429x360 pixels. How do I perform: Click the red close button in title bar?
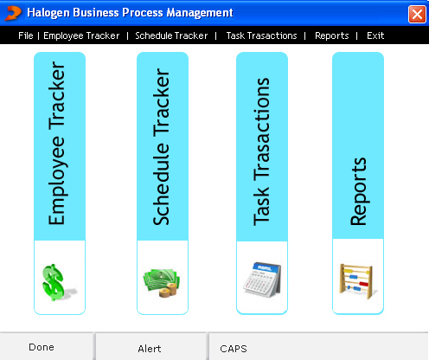[x=417, y=14]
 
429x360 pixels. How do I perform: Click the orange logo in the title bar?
[x=14, y=13]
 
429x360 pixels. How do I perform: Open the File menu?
[x=26, y=35]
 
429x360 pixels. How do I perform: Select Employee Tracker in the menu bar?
[x=81, y=35]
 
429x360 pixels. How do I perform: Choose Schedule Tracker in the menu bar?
[x=171, y=35]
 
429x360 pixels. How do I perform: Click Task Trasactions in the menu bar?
[x=261, y=35]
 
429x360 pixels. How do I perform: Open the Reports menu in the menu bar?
[x=332, y=35]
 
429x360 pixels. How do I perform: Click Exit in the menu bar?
[x=375, y=35]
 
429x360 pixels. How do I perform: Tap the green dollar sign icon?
[x=57, y=282]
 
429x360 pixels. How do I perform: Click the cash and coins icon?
[x=162, y=283]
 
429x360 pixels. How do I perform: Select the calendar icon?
[x=262, y=280]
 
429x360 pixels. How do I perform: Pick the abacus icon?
[x=357, y=281]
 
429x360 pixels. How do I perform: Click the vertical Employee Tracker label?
[x=58, y=143]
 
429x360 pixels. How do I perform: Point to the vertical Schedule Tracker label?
[x=161, y=147]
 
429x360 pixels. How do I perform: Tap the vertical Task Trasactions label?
[x=261, y=151]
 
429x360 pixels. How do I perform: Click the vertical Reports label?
[x=359, y=191]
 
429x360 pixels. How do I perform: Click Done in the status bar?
[x=42, y=347]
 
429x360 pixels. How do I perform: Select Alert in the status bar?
[x=150, y=349]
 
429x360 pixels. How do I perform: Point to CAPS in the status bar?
[x=234, y=349]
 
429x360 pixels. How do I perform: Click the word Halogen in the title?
[x=48, y=13]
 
